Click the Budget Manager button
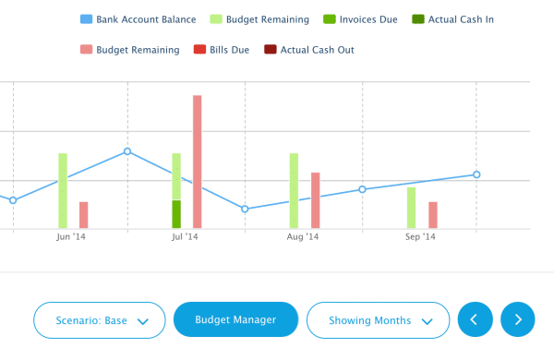click(x=235, y=319)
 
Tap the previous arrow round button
click(x=475, y=319)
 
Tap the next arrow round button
click(x=518, y=319)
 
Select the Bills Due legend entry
click(x=223, y=50)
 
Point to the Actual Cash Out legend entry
click(x=309, y=50)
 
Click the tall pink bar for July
click(x=197, y=162)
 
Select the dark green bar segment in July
click(x=176, y=214)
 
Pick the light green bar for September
click(x=412, y=208)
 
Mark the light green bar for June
click(x=63, y=190)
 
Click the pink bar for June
click(x=84, y=215)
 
